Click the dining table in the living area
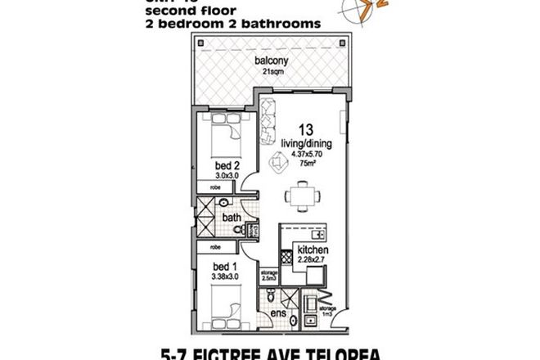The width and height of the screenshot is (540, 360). tap(297, 196)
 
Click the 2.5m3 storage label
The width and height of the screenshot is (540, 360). tap(268, 276)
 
